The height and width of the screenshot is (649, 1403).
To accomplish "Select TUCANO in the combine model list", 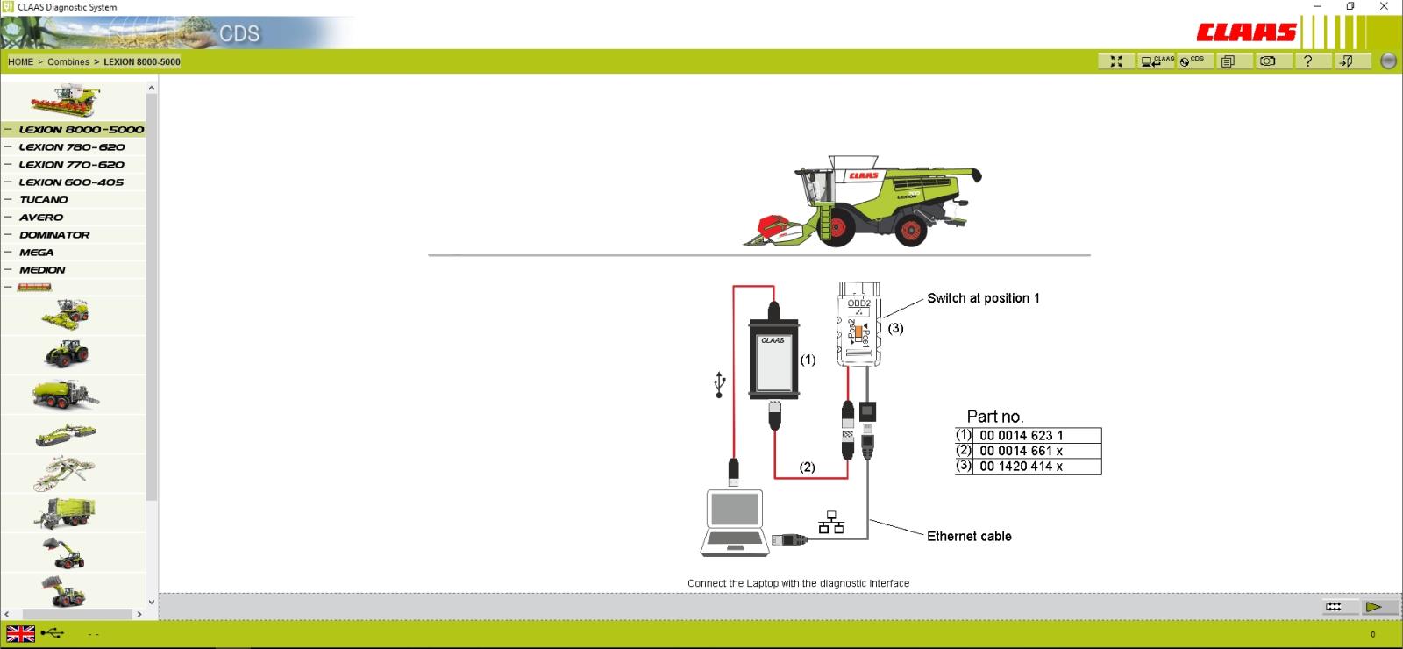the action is [43, 200].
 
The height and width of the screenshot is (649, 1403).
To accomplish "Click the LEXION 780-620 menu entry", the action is [71, 147].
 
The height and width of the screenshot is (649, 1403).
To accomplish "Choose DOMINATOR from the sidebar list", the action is [54, 235].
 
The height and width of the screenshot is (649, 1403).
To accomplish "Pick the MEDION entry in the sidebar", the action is [42, 270].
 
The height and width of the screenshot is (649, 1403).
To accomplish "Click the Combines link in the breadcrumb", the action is [68, 62].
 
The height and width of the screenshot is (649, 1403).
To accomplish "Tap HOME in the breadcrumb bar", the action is [21, 62].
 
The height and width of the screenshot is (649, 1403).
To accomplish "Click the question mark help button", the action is [1307, 61].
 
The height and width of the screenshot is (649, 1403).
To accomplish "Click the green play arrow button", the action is [1373, 606].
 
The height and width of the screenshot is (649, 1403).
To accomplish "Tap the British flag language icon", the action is [21, 634].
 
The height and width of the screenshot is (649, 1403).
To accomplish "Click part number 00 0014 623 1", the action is [1021, 435].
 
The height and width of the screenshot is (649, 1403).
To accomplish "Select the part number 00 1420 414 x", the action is [1021, 466].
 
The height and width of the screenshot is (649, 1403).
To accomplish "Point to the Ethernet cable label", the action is [969, 536].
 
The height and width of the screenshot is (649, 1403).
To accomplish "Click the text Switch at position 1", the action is [983, 298].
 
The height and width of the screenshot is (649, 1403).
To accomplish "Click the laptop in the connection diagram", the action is [735, 523].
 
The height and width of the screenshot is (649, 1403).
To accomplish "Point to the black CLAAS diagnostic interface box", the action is [774, 359].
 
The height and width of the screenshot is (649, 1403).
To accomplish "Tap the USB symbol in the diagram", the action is [720, 384].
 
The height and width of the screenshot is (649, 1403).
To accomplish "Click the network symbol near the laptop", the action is [831, 523].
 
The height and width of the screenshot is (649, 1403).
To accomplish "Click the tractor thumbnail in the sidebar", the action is [67, 354].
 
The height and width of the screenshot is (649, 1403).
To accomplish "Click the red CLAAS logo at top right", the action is [1246, 32].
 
